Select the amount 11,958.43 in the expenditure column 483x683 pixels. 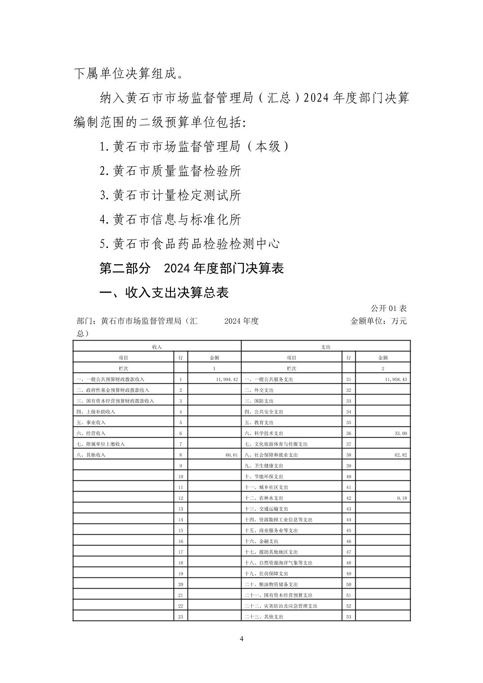[x=396, y=379]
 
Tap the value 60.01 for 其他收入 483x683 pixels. [x=231, y=455]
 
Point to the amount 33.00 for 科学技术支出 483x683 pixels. [x=400, y=433]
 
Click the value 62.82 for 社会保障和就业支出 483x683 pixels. [x=400, y=455]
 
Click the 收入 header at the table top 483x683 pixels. [x=157, y=347]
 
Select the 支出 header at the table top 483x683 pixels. [x=326, y=347]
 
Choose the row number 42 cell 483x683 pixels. [x=349, y=498]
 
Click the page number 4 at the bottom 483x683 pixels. [x=241, y=639]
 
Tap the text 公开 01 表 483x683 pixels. [x=389, y=309]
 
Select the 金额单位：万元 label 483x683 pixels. [x=378, y=321]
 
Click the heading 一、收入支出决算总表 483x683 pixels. [x=164, y=293]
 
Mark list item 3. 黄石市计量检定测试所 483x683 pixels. [x=170, y=195]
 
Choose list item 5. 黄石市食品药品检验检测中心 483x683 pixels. [x=190, y=244]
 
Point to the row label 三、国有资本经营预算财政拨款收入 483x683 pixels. [x=115, y=401]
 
